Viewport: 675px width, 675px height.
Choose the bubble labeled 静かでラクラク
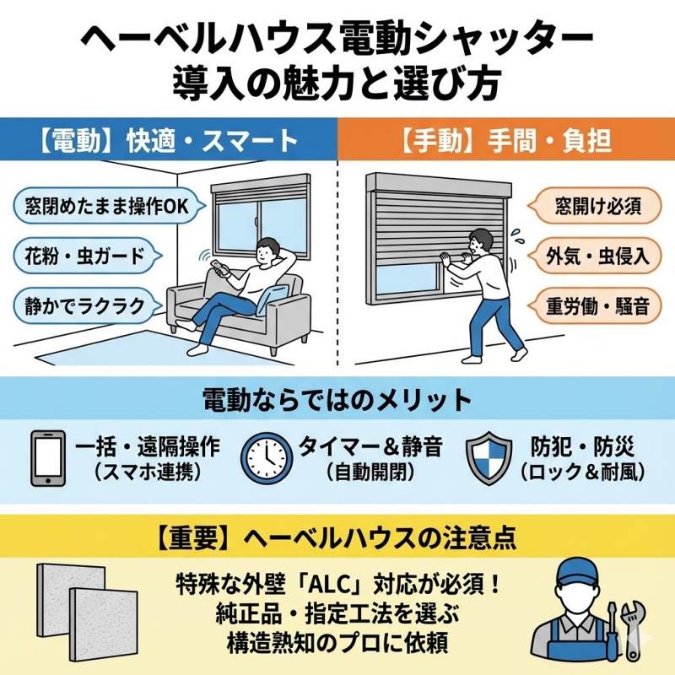(x=79, y=304)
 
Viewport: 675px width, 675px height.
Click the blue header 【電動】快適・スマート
(x=169, y=139)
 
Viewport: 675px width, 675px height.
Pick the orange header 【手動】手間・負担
(x=506, y=139)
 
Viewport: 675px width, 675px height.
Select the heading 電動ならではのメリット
(x=337, y=399)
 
